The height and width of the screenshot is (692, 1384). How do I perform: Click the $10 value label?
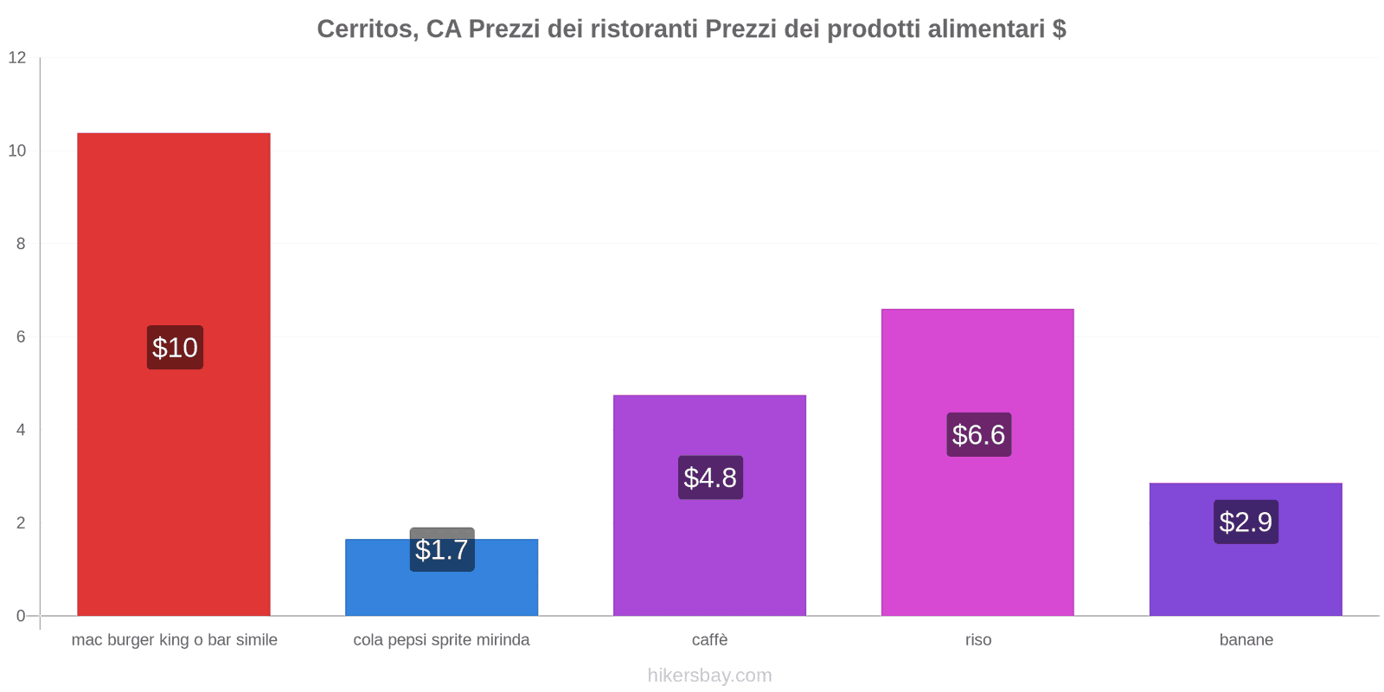tap(175, 348)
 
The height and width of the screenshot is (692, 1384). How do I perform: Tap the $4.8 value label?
tap(710, 477)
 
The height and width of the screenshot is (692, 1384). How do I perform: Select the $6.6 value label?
tap(978, 434)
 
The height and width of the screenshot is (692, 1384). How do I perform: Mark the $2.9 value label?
tap(1246, 522)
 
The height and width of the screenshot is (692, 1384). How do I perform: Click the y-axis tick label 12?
tap(17, 58)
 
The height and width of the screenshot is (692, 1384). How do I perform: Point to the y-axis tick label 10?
tap(17, 151)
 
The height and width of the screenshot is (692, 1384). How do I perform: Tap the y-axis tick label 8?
tap(21, 244)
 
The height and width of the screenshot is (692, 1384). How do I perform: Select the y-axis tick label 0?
tap(21, 616)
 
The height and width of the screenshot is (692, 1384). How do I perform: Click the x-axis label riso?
tap(978, 640)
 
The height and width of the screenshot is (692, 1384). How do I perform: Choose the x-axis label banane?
tap(1246, 640)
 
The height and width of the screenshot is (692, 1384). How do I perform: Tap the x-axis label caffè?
tap(709, 640)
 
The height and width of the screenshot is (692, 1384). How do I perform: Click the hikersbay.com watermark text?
tap(709, 676)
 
